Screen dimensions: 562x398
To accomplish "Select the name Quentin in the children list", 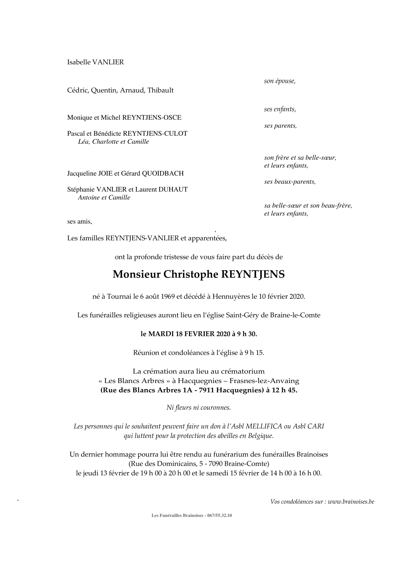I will [103, 90].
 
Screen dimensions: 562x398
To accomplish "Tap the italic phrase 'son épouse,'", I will [280, 81].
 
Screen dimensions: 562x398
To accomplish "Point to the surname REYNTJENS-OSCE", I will [152, 117].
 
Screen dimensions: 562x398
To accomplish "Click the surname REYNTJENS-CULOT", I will [155, 133].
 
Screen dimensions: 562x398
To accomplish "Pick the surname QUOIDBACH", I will [163, 173].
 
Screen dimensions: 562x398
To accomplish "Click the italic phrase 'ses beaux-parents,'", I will [290, 182].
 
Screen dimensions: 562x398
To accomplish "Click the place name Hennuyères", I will [231, 296].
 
